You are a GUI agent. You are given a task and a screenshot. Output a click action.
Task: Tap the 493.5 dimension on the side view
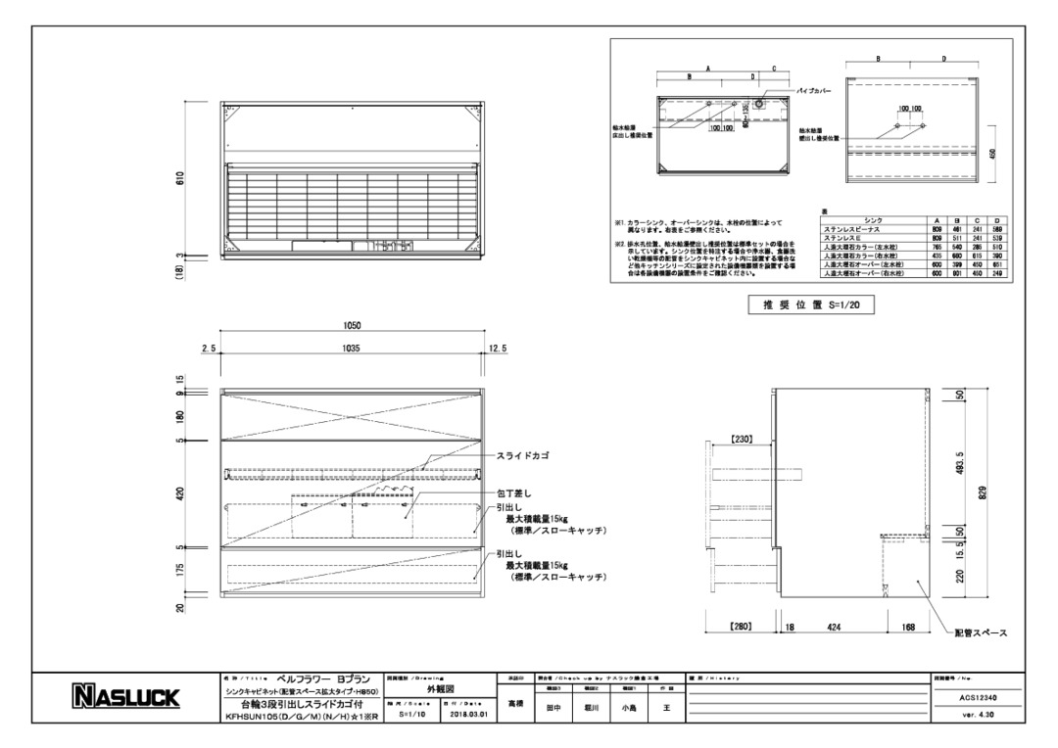click(x=960, y=463)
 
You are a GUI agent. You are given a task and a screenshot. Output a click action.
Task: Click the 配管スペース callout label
click(x=983, y=633)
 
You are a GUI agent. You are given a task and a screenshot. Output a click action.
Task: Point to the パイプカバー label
click(x=816, y=89)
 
